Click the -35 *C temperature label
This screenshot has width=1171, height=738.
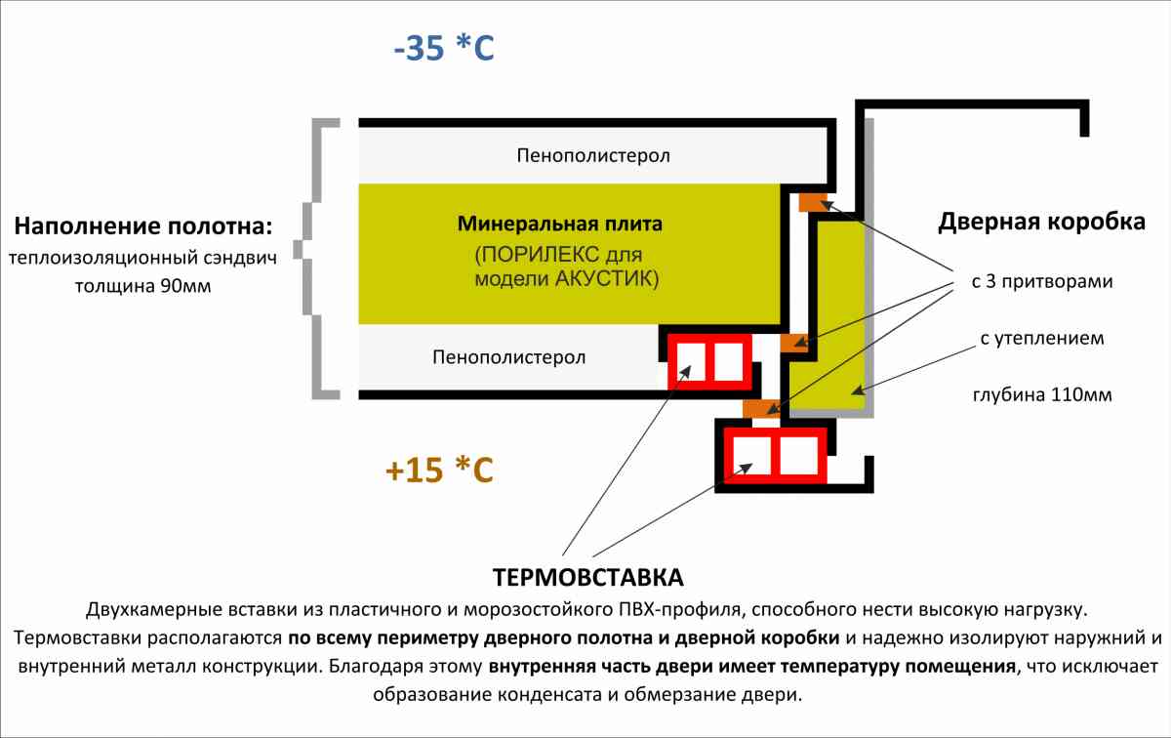444,48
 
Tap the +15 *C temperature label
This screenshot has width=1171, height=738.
439,471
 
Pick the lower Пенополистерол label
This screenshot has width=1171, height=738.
508,357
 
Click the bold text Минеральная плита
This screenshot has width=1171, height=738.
559,224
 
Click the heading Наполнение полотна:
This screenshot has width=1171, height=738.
143,227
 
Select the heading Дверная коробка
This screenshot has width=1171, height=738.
1041,223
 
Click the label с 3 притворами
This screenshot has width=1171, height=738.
1042,282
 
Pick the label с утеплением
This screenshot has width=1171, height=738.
1041,339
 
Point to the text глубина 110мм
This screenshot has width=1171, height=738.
1041,395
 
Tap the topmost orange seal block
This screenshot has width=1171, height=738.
813,202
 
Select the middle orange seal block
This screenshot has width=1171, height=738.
794,343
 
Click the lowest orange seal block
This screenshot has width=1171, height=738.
758,407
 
